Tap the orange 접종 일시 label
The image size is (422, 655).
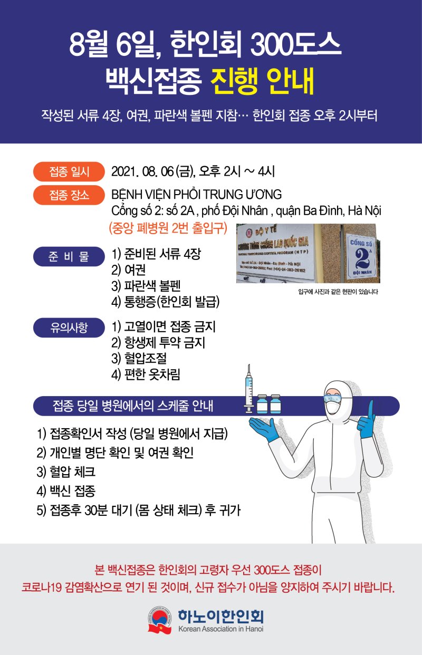tap(69, 172)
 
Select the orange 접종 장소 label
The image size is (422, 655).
tap(69, 196)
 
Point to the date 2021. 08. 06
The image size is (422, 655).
tap(142, 172)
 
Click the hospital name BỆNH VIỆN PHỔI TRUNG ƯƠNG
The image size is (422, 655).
tap(197, 195)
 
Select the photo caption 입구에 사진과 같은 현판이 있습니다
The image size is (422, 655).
tap(338, 292)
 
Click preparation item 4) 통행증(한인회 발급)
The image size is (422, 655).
tap(166, 302)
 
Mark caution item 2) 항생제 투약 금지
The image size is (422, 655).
tap(158, 343)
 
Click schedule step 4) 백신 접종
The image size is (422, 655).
tap(66, 491)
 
